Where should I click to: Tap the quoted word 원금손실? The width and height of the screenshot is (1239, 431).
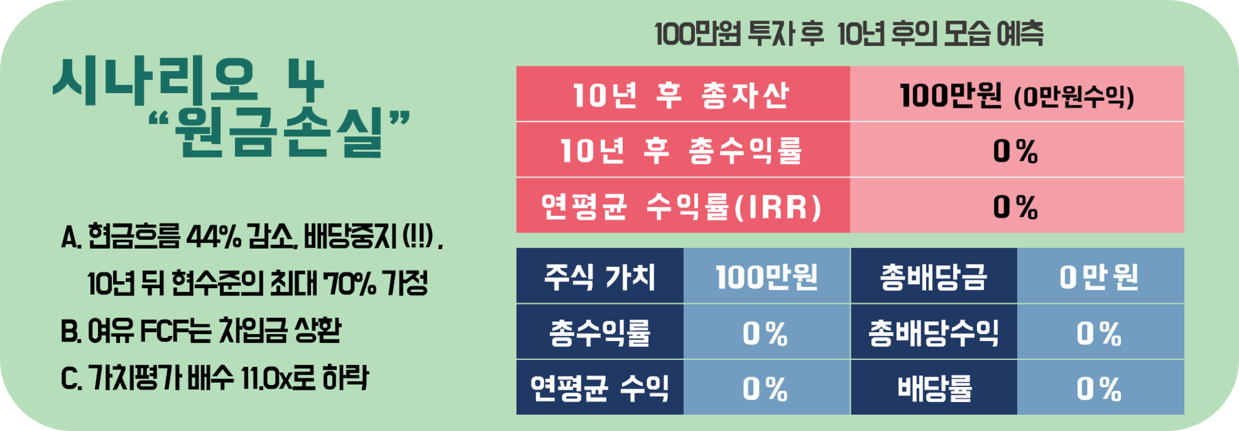(x=279, y=132)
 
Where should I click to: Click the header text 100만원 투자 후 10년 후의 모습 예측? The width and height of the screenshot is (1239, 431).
(x=849, y=34)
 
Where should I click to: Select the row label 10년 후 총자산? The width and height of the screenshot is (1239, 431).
(x=681, y=95)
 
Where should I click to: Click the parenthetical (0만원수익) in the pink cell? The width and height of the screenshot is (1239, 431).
(x=1074, y=97)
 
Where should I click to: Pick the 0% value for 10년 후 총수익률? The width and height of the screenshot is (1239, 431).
(x=1015, y=151)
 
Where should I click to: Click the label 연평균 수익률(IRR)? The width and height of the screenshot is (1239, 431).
(x=681, y=207)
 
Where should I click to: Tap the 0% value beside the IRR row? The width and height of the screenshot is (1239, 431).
(x=1015, y=207)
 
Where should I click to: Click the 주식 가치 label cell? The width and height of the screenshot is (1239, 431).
(x=599, y=277)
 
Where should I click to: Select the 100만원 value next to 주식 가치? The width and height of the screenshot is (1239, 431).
(x=767, y=277)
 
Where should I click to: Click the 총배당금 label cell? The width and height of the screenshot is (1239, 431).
(x=934, y=277)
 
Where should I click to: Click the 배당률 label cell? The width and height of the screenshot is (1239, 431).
(x=934, y=388)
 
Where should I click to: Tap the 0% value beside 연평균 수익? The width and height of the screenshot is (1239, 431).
(x=765, y=389)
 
